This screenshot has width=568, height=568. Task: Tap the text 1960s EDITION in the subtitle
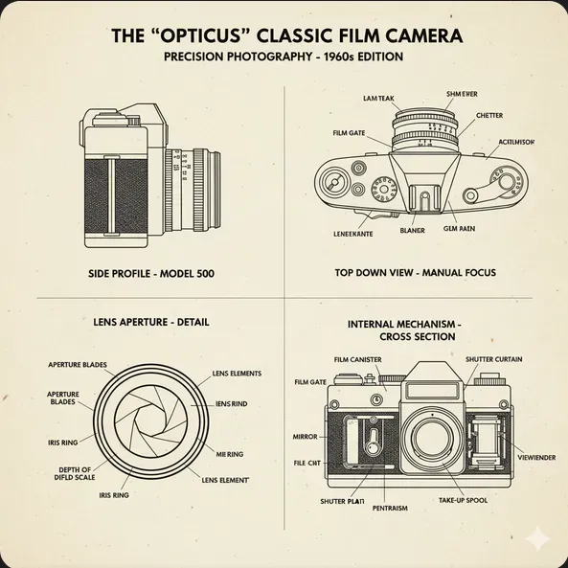pos(353,57)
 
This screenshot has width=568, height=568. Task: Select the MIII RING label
pos(229,454)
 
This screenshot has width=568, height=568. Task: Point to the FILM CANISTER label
pos(358,359)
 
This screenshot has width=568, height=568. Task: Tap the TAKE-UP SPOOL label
pos(464,501)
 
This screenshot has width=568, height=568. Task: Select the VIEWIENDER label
pos(535,458)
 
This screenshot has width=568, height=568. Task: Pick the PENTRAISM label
pos(391,509)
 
